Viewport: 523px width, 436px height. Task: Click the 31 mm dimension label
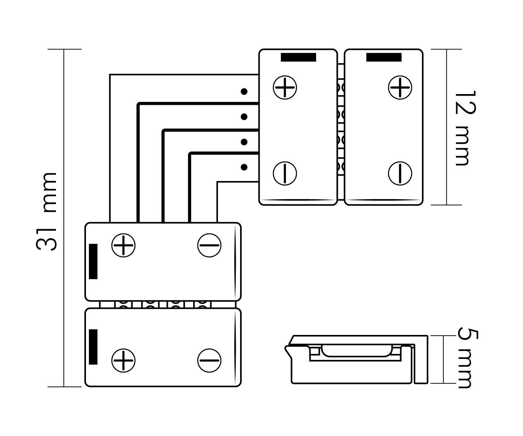47,211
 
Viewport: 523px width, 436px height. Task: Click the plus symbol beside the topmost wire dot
285,87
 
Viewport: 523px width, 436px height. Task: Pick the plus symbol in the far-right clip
400,87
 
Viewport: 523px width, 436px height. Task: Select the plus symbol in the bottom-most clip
124,360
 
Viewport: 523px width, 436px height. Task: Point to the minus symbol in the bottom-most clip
209,360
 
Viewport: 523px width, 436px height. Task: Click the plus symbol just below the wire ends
124,245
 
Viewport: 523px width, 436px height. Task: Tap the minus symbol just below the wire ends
209,245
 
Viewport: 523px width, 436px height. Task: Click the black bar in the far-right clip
384,57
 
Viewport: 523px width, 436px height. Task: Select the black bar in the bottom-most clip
93,347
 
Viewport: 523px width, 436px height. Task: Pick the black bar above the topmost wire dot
298,57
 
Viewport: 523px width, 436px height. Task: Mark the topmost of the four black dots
244,91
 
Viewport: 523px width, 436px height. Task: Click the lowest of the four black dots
244,167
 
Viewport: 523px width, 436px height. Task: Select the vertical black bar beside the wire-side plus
93,261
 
